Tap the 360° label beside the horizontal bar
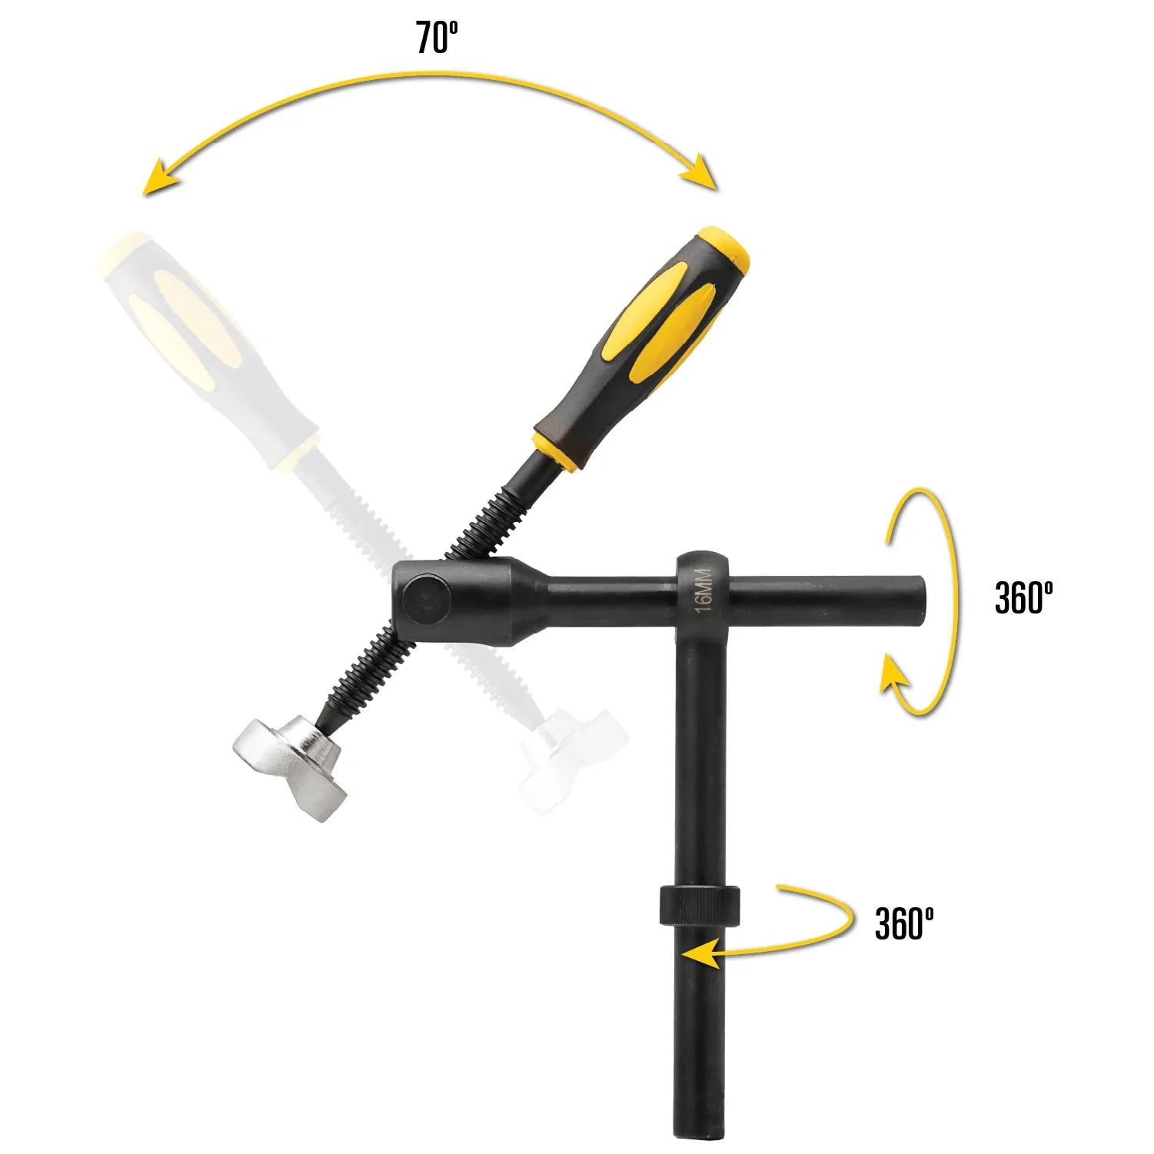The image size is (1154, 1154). tap(1023, 597)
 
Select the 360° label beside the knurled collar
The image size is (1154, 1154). tap(904, 923)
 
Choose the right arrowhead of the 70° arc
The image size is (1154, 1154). tap(702, 172)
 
